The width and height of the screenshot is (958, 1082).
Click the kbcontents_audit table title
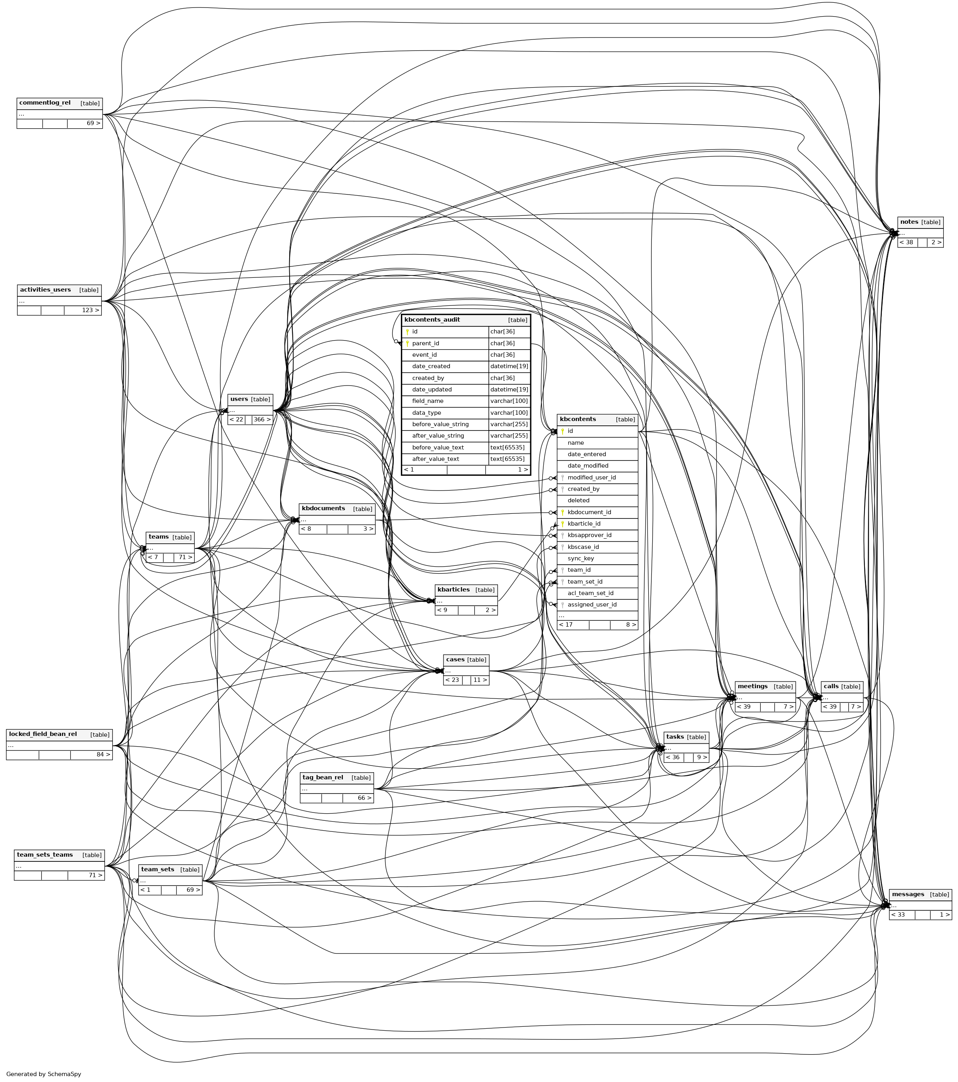click(432, 320)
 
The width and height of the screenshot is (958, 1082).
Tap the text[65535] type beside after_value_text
click(507, 459)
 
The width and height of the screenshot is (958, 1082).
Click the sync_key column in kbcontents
click(581, 558)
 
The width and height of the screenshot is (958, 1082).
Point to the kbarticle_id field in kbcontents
click(584, 524)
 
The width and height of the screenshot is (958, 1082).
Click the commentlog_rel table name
click(45, 103)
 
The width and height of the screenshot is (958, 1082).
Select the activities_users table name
click(45, 290)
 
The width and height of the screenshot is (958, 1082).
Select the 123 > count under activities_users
click(90, 310)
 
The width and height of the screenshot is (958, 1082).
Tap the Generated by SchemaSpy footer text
click(44, 1074)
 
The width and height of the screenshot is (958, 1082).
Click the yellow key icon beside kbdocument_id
click(563, 513)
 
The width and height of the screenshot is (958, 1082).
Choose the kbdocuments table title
click(324, 508)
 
